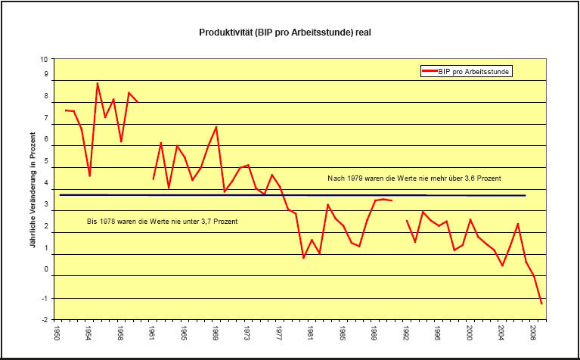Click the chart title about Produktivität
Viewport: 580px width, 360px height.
click(x=285, y=33)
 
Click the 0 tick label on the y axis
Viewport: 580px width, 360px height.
click(x=45, y=269)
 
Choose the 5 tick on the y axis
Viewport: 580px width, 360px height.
click(x=45, y=161)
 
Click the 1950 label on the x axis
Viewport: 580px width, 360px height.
click(x=57, y=334)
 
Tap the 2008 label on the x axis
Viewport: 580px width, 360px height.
click(x=534, y=334)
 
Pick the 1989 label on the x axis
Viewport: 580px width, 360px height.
click(x=375, y=334)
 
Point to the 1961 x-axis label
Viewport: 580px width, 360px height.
click(x=153, y=334)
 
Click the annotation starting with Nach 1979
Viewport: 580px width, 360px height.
click(x=415, y=178)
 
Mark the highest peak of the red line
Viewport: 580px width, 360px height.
click(x=98, y=83)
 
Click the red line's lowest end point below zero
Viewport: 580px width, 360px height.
click(x=541, y=304)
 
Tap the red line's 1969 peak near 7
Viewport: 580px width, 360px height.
click(x=216, y=126)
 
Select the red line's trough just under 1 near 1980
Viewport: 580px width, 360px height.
click(x=303, y=258)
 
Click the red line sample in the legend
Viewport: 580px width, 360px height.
click(x=432, y=71)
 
